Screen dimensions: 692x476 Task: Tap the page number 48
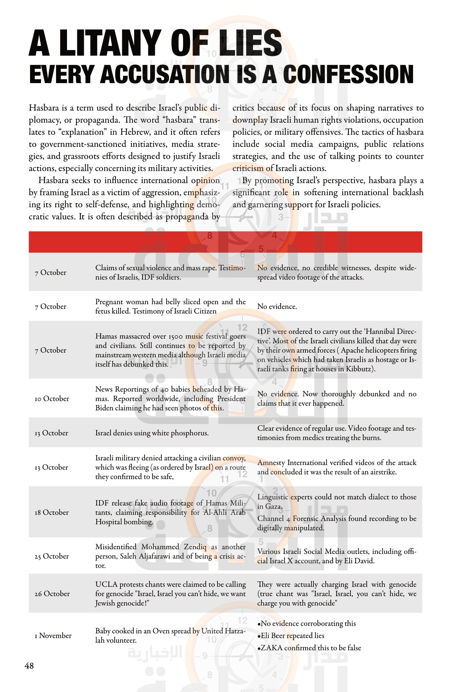29,666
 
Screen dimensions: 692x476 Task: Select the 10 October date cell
52,399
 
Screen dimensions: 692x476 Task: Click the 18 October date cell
52,513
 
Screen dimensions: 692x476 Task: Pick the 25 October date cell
52,556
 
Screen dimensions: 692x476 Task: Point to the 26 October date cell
52,594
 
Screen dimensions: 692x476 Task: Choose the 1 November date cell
53,636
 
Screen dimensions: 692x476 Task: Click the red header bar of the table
225,242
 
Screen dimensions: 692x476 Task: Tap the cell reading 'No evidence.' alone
277,307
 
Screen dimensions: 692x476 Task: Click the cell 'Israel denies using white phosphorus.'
152,433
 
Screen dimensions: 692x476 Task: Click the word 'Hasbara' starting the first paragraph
44,108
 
